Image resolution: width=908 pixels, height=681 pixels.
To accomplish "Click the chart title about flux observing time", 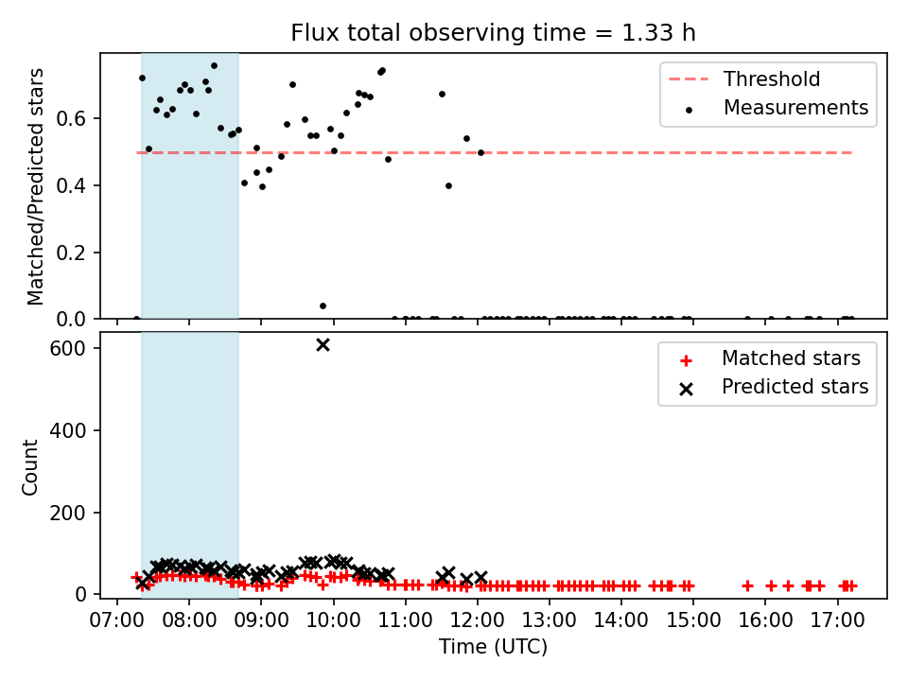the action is coord(493,33).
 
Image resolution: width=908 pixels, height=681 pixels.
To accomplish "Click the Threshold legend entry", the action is coord(744,79).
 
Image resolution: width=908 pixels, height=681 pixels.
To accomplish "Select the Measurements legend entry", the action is coord(776,108).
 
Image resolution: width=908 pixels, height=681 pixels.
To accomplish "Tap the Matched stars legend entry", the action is coord(770,358).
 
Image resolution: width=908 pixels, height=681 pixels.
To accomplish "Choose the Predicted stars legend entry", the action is coord(774,387).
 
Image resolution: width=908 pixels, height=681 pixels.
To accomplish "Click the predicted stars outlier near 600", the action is coord(323,345).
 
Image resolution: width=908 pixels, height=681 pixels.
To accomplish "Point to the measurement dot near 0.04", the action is coord(323,306).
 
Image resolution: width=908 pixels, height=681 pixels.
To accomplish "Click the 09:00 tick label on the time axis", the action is coord(261,620).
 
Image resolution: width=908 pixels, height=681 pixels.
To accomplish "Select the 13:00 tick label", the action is coord(549,620).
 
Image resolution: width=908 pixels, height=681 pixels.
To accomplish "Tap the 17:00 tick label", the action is coord(837,620).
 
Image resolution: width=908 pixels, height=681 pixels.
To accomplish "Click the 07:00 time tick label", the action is coord(117,620).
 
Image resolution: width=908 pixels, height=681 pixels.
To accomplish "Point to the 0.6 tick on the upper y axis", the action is coord(71,119).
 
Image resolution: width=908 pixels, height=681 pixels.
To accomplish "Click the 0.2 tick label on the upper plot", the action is coord(71,253).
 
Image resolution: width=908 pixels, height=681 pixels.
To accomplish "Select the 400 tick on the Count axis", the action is coord(68,431).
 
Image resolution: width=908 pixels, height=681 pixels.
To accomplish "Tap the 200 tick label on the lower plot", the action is coord(68,513).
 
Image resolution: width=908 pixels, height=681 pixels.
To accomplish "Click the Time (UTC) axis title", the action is coord(493,646).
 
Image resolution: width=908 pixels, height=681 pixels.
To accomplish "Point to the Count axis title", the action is coord(29,466).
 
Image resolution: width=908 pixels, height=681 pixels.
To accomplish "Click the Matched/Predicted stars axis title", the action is coord(35,186).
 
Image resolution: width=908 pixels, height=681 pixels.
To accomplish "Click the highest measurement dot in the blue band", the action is coord(215,66).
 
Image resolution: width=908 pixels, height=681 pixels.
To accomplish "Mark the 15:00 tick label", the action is coord(693,620).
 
